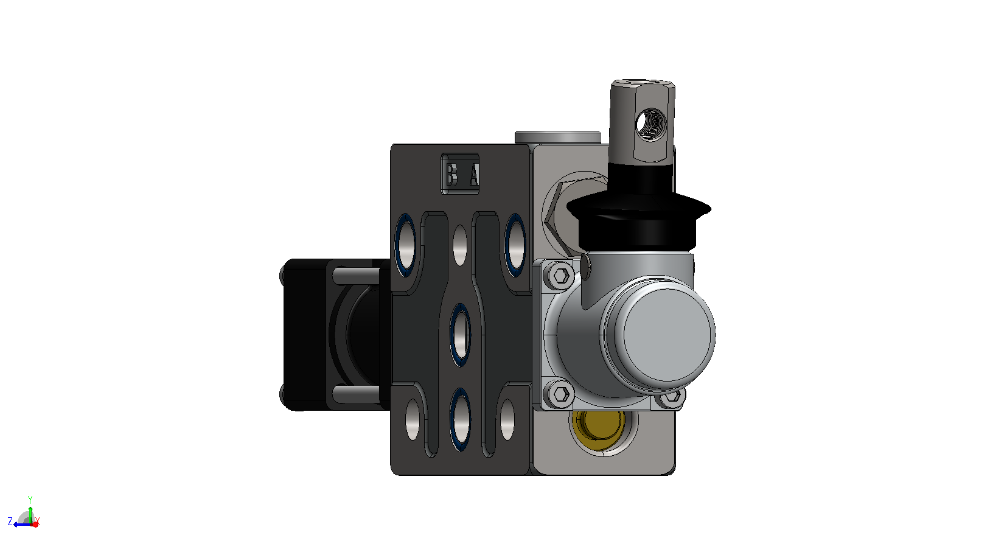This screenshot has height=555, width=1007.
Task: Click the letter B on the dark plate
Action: [x=452, y=175]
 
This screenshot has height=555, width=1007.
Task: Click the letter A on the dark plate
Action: [x=474, y=175]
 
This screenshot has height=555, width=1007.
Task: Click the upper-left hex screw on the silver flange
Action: [x=560, y=275]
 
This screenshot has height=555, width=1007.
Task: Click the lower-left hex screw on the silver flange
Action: [x=560, y=394]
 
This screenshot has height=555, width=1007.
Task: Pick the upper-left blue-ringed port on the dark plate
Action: [x=405, y=245]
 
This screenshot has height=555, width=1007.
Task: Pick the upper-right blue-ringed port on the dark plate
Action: [x=515, y=245]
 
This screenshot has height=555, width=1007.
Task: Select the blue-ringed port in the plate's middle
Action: [x=460, y=335]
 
